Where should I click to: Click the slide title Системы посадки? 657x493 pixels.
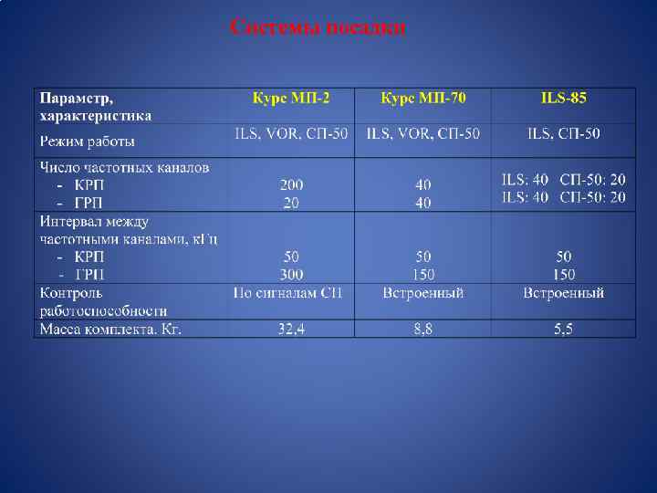tap(318, 27)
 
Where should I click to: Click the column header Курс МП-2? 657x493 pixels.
tap(291, 98)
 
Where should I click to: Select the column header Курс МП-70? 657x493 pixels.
tap(422, 98)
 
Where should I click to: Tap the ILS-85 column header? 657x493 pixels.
tap(563, 98)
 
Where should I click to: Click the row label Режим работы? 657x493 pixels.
tap(88, 142)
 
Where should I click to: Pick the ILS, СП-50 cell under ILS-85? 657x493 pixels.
tap(563, 134)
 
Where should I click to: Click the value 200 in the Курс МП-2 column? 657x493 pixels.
tap(291, 185)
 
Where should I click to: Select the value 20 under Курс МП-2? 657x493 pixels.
tap(291, 203)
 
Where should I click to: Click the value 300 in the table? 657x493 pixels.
tap(291, 274)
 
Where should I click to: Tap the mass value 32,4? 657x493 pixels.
tap(291, 329)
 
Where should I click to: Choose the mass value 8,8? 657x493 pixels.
tap(422, 329)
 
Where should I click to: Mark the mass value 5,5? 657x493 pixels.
tap(563, 329)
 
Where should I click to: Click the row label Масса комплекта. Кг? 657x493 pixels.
tap(109, 329)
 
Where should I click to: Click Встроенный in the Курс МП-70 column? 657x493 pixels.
tap(422, 293)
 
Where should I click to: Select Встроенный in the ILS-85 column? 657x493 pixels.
tap(563, 293)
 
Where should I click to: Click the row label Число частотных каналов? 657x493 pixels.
tap(124, 167)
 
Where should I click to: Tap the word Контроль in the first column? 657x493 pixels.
tap(71, 293)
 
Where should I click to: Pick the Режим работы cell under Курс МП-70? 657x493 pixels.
tap(422, 134)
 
